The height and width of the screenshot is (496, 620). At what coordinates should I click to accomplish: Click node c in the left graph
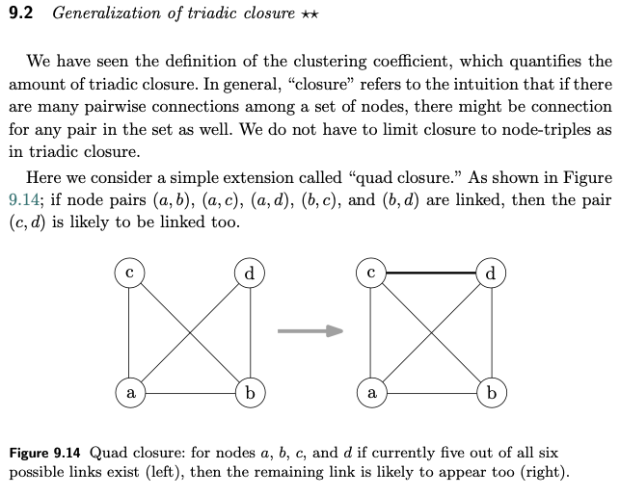pos(128,274)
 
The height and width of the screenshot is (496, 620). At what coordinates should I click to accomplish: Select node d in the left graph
pos(250,274)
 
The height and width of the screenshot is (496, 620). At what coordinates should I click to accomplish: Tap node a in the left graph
pos(128,393)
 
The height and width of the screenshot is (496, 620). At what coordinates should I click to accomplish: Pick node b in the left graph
pos(250,393)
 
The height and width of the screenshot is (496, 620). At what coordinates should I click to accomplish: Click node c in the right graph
pos(370,274)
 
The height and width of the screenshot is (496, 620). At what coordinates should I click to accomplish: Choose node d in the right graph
pos(492,274)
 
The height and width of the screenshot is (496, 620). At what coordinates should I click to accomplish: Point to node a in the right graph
pos(370,393)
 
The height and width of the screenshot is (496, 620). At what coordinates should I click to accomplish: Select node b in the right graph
pos(492,393)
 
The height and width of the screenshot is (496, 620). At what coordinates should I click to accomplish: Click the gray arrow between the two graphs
pos(310,331)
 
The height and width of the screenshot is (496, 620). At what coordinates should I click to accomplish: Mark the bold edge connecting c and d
pos(431,274)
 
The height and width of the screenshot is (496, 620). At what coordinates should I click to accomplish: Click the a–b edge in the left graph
pos(189,393)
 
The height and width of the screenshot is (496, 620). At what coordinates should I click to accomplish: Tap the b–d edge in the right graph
pos(492,333)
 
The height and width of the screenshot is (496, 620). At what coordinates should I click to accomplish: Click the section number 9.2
pos(24,13)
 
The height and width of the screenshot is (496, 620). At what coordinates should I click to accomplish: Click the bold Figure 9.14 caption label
pos(44,453)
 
